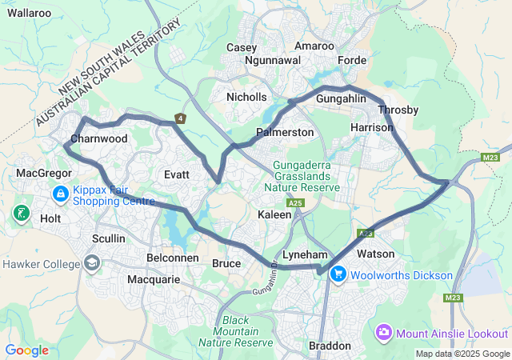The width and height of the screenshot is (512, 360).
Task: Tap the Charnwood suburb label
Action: [x=99, y=138]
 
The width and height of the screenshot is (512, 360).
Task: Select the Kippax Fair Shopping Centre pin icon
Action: [x=61, y=194]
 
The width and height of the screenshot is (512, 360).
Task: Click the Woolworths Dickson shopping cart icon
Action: [x=338, y=274]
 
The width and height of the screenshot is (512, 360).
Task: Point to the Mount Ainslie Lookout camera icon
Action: [x=384, y=332]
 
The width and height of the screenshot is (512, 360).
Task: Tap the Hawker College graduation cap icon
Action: [x=92, y=264]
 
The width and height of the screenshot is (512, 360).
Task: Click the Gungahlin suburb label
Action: [x=341, y=98]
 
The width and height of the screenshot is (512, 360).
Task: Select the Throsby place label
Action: [x=398, y=110]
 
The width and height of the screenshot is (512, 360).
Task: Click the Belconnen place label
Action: [x=174, y=258]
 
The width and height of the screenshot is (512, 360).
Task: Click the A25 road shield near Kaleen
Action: [x=296, y=203]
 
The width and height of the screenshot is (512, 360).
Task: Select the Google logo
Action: [x=26, y=350]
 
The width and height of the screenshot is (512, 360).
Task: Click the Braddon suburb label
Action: [x=330, y=346]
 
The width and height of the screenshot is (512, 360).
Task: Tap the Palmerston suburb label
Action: [x=285, y=131]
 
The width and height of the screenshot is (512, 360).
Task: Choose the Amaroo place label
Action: [x=314, y=46]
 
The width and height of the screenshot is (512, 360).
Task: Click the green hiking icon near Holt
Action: [x=21, y=213]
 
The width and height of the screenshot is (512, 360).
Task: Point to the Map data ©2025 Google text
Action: [x=462, y=354]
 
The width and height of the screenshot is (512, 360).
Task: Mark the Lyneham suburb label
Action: [x=305, y=254]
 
